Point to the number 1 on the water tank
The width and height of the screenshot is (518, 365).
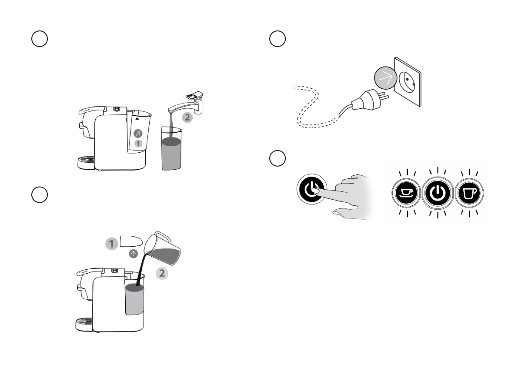pos(138,144)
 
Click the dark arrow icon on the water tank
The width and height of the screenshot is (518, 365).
pos(138,134)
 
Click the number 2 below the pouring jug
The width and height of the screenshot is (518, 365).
pos(161,273)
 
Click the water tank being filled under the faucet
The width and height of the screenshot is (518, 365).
pos(171,148)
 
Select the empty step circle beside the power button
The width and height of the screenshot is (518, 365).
pos(277,158)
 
